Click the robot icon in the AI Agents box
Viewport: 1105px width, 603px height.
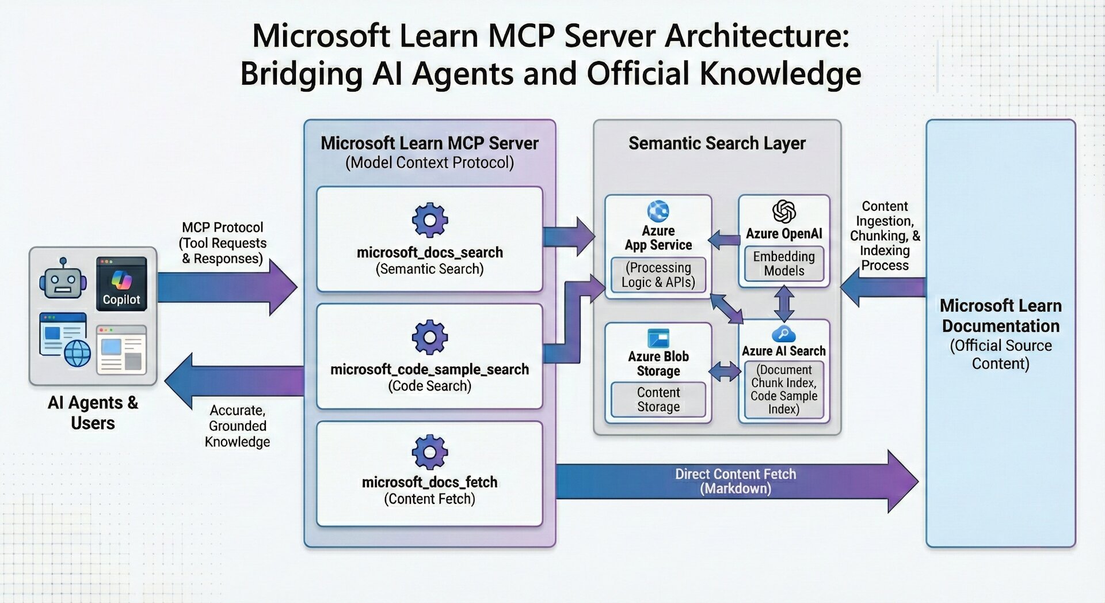click(x=62, y=279)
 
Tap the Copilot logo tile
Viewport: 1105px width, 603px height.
click(x=121, y=283)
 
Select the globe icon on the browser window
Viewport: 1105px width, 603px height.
click(x=77, y=352)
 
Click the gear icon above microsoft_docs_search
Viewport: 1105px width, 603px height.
click(x=429, y=220)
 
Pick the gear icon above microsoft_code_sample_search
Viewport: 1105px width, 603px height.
click(x=429, y=337)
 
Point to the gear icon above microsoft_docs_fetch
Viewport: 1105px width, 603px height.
click(x=429, y=452)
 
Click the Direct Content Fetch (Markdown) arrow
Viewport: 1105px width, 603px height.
click(x=735, y=481)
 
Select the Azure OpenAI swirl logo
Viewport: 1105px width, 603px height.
click(x=783, y=211)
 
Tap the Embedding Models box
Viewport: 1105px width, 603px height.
click(x=783, y=264)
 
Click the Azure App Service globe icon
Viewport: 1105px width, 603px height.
click(x=658, y=211)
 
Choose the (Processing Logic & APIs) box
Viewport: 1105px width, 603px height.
click(x=658, y=275)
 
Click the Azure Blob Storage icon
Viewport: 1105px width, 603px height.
click(x=658, y=337)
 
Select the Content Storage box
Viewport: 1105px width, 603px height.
click(x=658, y=400)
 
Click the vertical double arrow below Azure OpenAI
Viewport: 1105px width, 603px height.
click(x=784, y=303)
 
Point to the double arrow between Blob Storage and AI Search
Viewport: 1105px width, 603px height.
click(x=725, y=371)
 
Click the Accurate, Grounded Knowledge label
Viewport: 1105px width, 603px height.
click(x=237, y=426)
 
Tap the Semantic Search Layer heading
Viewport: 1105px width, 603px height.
click(x=717, y=143)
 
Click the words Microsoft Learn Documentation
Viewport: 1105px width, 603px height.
click(x=1000, y=316)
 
